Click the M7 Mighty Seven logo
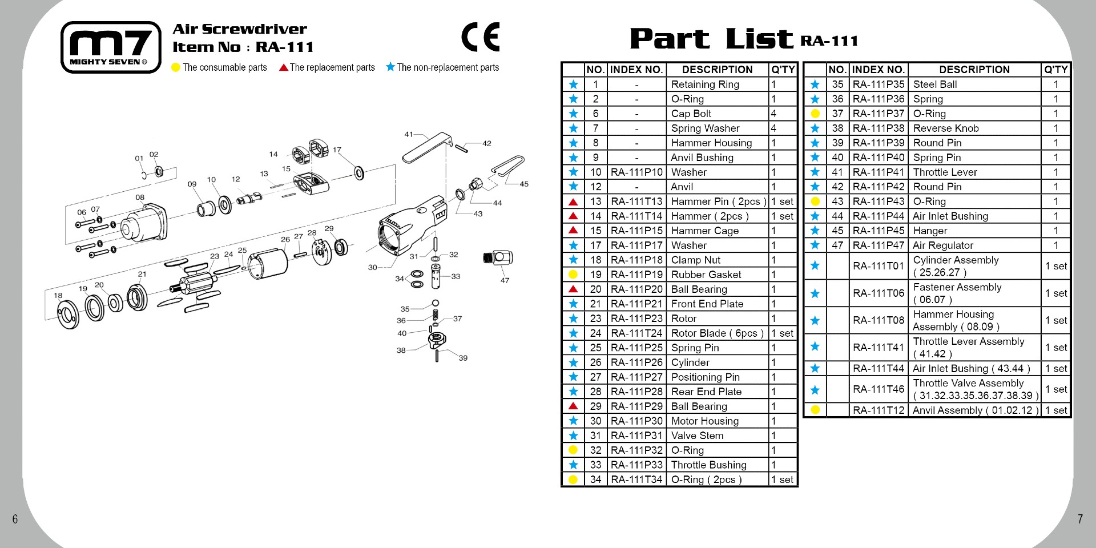[x=111, y=47]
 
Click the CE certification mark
[x=480, y=37]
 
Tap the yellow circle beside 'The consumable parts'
[x=176, y=67]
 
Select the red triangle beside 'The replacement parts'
[x=283, y=67]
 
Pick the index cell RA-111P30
[x=636, y=421]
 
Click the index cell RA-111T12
[x=879, y=410]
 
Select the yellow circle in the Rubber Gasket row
[x=573, y=275]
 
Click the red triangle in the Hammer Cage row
[x=573, y=231]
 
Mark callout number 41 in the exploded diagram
[x=409, y=135]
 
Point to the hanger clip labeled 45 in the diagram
[x=507, y=168]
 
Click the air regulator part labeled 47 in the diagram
[x=498, y=258]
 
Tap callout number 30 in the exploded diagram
[x=372, y=267]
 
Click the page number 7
[x=1079, y=519]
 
